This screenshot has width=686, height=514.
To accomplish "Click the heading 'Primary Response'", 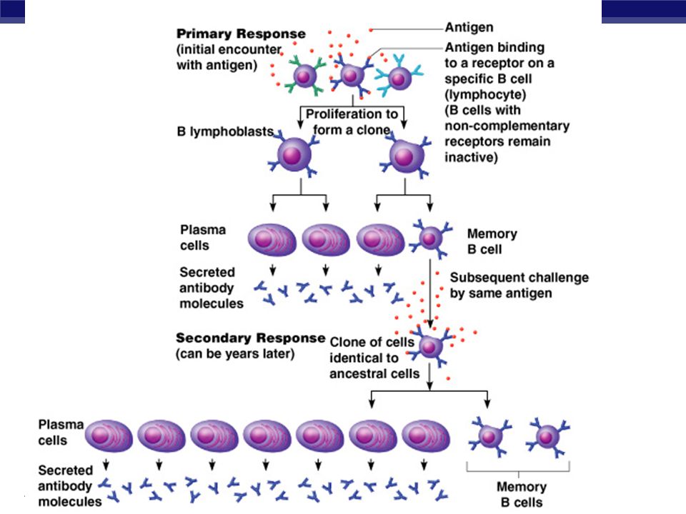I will click(241, 34).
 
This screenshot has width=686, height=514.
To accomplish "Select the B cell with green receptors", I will click(307, 75).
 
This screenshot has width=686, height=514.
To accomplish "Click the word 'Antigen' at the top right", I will click(469, 28).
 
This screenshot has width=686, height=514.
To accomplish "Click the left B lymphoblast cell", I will click(299, 156).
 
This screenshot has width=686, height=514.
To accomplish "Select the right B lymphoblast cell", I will click(405, 156).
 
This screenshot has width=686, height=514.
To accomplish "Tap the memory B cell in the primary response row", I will click(429, 237).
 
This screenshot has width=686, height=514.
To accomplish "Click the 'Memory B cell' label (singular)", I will click(492, 241).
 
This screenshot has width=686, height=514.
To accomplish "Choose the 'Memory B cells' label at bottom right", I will click(521, 495).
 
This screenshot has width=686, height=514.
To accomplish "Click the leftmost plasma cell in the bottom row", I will click(109, 435).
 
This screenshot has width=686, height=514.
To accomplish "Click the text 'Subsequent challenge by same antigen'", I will click(519, 285).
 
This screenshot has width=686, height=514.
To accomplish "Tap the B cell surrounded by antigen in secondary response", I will click(429, 346).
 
